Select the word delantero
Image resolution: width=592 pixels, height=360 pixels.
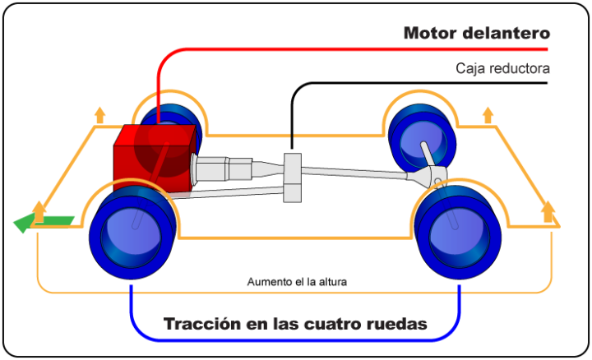click(x=508, y=34)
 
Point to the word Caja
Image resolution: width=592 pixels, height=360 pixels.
click(x=471, y=69)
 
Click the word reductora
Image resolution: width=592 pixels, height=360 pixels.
click(x=520, y=69)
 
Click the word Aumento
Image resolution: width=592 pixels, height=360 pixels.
click(x=271, y=282)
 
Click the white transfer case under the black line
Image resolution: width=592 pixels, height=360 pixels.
click(x=292, y=176)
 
